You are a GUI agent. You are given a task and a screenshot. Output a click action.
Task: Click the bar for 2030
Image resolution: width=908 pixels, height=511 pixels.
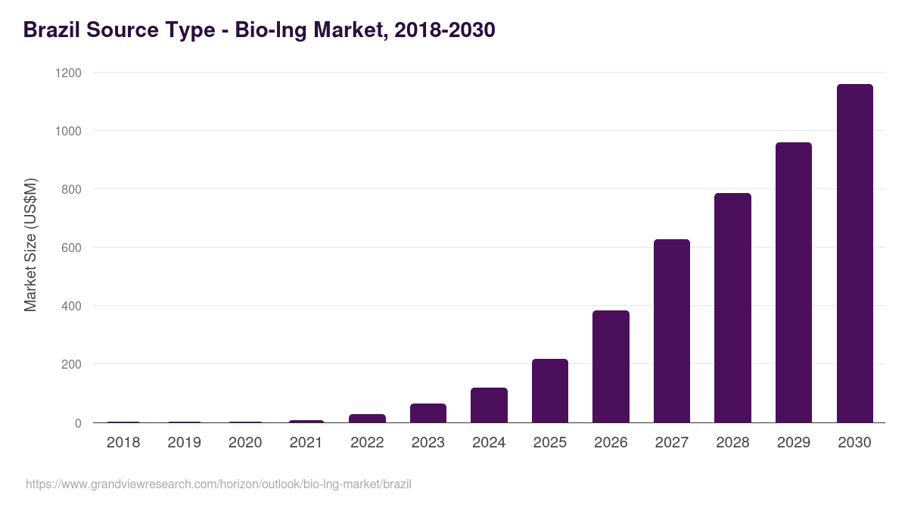[854, 254]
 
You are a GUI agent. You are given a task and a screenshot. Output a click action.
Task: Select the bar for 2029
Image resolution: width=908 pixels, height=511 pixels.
[793, 282]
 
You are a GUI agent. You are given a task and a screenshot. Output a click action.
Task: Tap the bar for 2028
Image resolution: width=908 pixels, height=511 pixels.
[732, 308]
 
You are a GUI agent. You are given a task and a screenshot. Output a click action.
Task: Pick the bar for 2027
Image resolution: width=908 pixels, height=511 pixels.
[671, 331]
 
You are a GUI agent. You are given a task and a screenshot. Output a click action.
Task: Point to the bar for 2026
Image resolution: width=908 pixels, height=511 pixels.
[611, 366]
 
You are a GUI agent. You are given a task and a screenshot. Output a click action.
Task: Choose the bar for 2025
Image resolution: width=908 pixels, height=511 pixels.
[549, 391]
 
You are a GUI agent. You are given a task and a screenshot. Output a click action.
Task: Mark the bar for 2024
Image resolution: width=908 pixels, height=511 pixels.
[489, 405]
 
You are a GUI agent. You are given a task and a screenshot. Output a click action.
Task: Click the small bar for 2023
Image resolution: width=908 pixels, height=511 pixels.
[428, 413]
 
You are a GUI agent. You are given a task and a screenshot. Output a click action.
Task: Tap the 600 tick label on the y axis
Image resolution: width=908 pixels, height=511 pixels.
[71, 248]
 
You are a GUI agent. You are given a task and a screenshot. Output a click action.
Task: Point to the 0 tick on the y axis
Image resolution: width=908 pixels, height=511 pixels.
[78, 423]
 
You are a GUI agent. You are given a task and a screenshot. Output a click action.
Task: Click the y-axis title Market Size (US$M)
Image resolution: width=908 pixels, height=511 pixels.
[30, 245]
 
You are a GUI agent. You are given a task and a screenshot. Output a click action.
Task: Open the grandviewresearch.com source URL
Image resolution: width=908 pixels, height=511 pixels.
[219, 484]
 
